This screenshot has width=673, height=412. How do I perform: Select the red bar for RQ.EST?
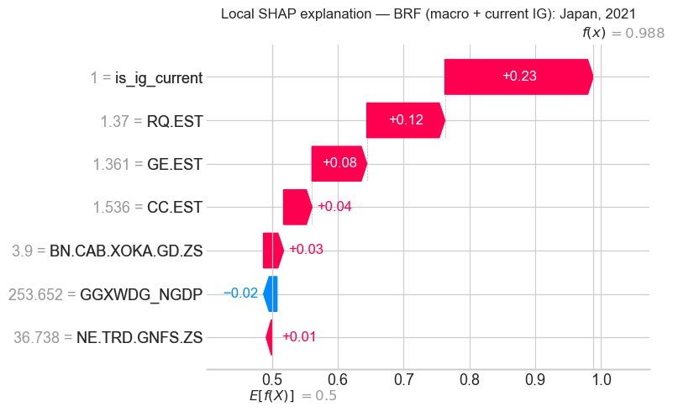405,120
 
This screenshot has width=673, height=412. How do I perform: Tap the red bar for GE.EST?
339,163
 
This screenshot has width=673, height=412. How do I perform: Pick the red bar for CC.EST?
297,207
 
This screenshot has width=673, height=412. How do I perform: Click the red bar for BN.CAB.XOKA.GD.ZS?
272,250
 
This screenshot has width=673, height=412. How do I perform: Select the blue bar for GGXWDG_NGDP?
270,293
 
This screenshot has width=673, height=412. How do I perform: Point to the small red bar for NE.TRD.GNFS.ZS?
269,337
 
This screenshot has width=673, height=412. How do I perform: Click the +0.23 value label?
519,77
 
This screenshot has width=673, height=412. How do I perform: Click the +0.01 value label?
298,337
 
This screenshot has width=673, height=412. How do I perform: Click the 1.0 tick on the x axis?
601,380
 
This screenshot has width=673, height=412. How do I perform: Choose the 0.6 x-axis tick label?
337,380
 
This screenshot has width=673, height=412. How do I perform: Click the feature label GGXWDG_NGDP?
141,294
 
